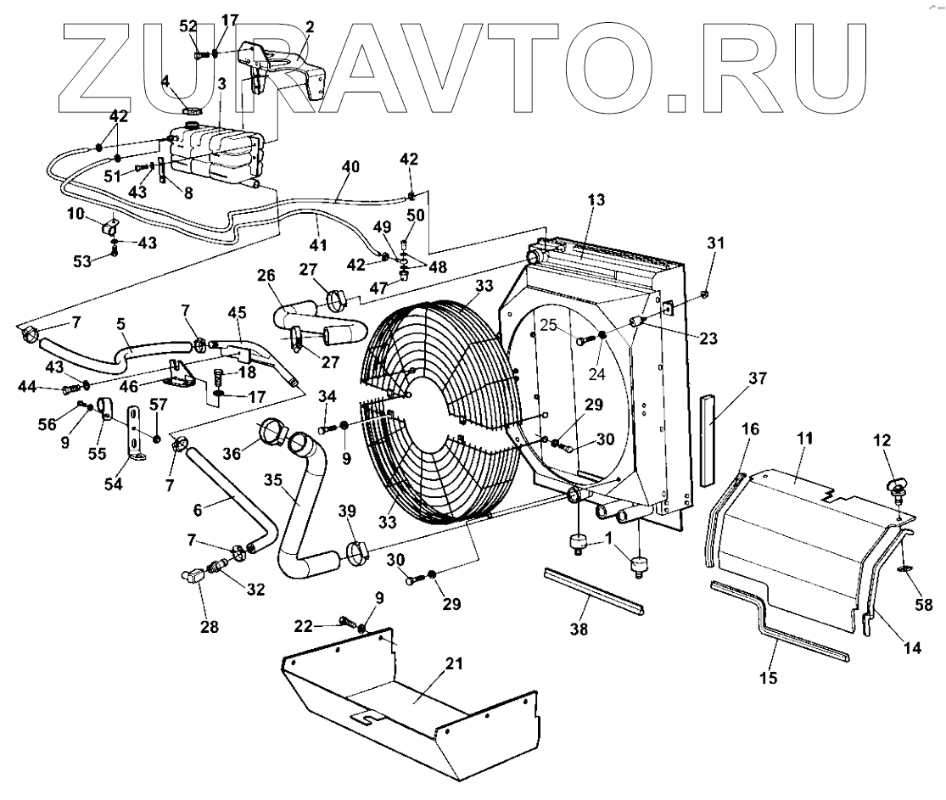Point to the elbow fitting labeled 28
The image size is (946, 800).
(193, 577)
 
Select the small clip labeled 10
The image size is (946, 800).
(110, 228)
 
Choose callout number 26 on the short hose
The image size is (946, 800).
(265, 277)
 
